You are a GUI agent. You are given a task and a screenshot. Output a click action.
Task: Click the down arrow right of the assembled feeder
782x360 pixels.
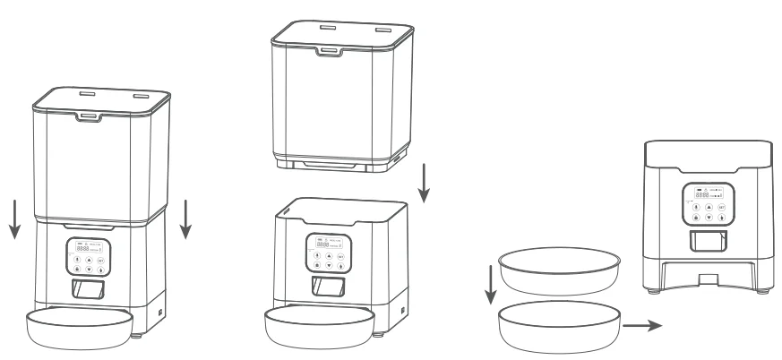pos(186,221)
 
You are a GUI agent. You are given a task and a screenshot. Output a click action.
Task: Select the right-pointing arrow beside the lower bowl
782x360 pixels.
pos(642,326)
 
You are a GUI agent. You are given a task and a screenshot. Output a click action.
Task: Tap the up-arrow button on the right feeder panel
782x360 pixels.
pos(709,205)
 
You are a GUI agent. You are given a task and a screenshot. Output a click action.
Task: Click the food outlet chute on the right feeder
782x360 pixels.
pos(707,241)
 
